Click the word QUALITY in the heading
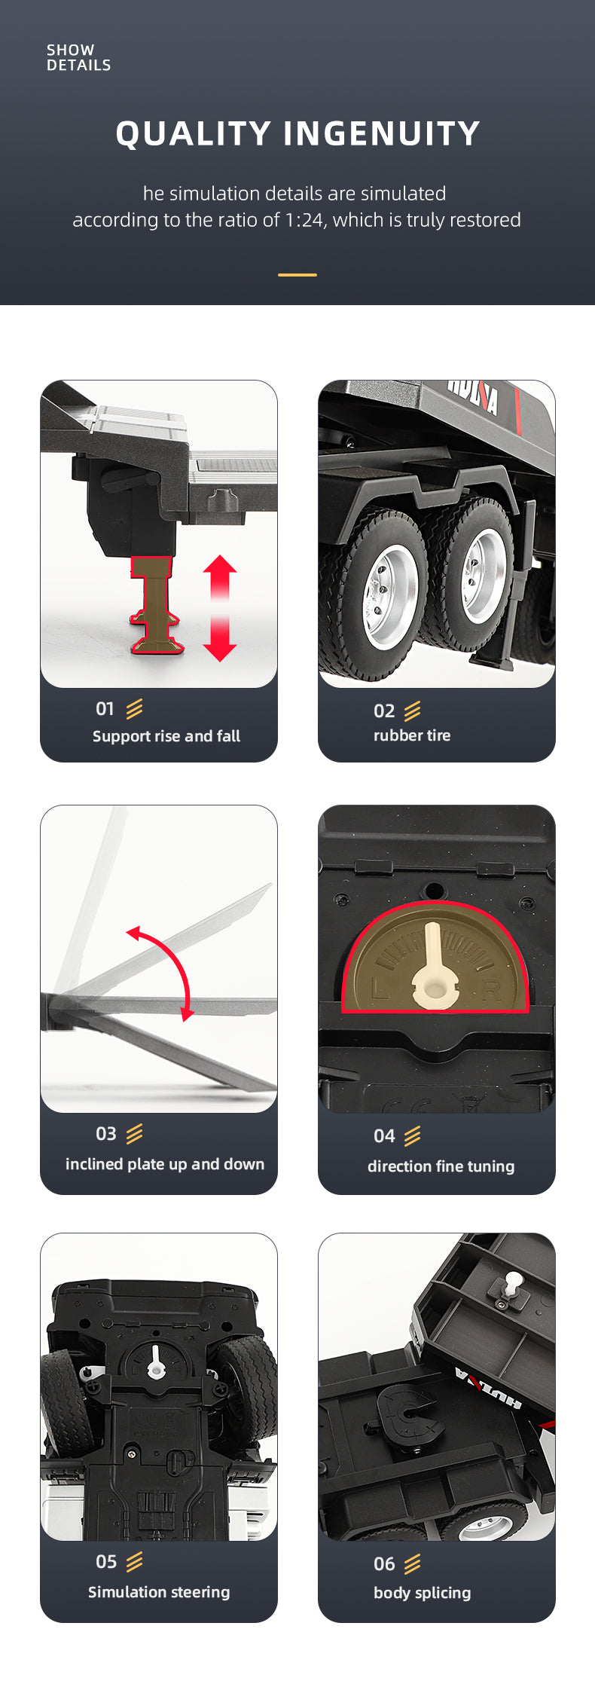[x=193, y=133]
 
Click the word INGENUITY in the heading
[x=382, y=133]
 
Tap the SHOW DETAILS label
[x=78, y=57]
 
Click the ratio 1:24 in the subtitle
[x=304, y=220]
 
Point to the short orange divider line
[x=297, y=275]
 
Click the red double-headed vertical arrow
[x=220, y=608]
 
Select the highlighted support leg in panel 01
[x=156, y=605]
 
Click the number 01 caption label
[x=105, y=709]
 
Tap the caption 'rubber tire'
[x=412, y=735]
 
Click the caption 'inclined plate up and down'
[x=165, y=1164]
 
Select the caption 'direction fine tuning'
[x=441, y=1166]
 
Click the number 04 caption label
[x=384, y=1136]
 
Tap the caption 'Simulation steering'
[x=159, y=1592]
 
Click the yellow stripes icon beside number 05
[x=135, y=1562]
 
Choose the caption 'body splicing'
[x=423, y=1593]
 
